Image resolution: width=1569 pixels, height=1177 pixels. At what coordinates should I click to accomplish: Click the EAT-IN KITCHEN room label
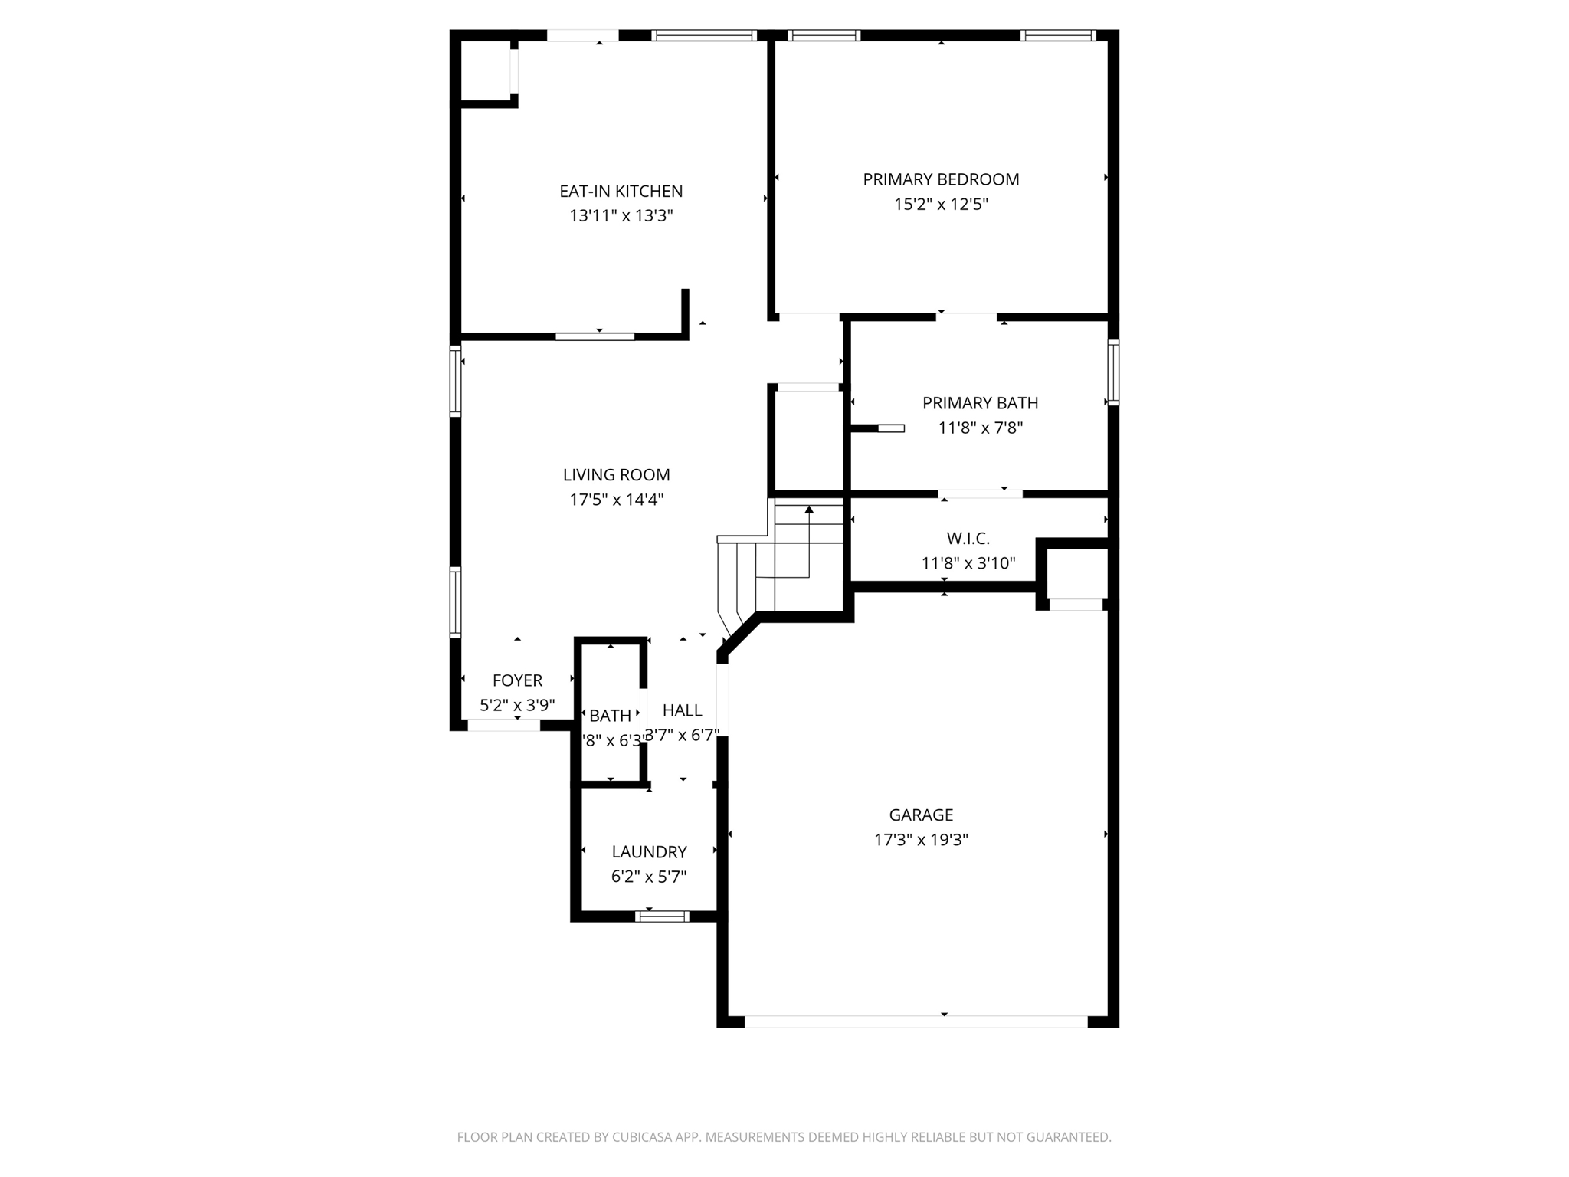621,191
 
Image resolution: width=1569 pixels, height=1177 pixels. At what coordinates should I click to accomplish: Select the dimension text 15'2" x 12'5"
941,204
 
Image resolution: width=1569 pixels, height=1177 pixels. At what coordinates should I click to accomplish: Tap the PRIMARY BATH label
980,403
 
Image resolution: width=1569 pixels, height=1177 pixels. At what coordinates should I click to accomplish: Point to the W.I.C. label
968,539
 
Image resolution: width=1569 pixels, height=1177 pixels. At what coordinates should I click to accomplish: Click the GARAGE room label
921,815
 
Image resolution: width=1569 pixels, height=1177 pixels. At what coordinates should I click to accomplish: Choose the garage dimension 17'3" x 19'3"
921,840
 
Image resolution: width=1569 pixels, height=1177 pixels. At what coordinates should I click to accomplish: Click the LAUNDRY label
649,851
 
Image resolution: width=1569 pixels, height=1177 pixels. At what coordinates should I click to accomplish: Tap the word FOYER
517,680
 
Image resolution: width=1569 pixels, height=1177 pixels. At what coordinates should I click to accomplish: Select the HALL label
682,710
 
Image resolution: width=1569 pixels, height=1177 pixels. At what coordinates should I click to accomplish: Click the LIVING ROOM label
616,475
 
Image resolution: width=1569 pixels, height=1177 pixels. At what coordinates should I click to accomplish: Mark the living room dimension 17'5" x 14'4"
616,500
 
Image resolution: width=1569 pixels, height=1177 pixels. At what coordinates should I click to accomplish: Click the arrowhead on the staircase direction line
809,510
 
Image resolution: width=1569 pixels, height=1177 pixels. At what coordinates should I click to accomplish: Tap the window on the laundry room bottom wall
662,916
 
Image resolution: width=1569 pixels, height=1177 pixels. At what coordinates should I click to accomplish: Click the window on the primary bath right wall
1113,372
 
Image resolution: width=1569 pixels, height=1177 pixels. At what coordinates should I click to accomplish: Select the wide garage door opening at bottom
916,1021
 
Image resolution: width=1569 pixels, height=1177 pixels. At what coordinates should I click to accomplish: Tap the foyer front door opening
503,725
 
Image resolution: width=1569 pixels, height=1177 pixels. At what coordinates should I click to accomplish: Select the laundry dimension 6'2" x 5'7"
649,877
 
